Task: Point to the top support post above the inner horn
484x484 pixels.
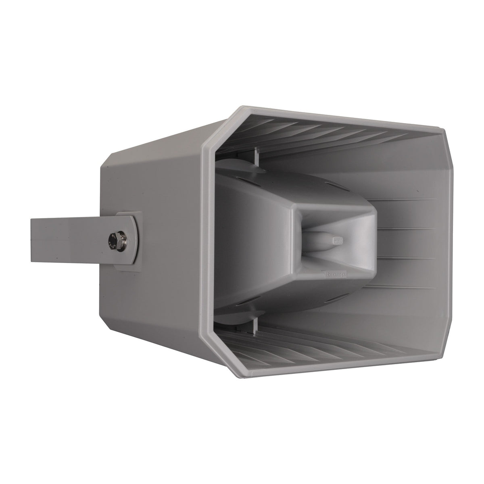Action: pos(255,156)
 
